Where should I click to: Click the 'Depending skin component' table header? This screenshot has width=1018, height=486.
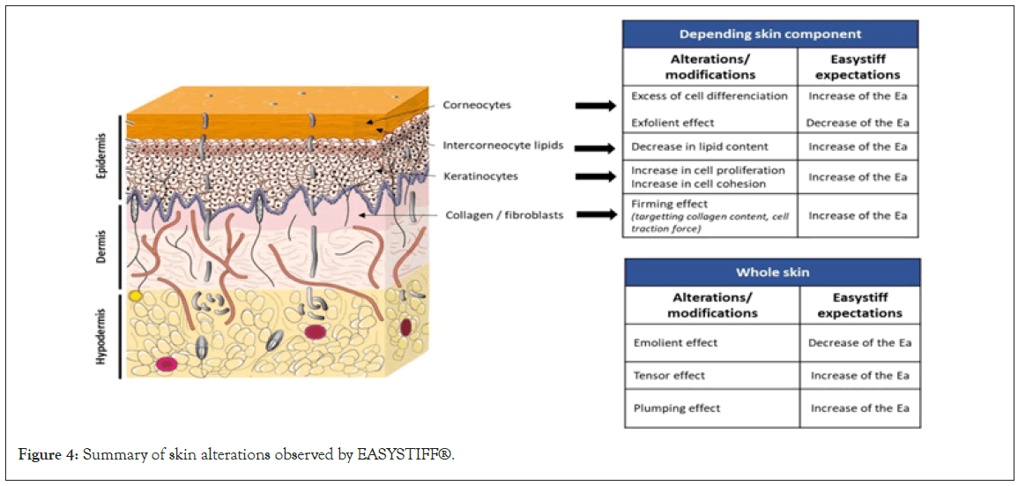[770, 34]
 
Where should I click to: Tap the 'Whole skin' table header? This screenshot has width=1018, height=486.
[772, 273]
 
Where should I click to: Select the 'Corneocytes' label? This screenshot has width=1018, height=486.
[477, 105]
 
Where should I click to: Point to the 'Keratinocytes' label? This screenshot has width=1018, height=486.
[481, 176]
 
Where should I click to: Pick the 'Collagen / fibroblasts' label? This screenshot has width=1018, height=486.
[504, 214]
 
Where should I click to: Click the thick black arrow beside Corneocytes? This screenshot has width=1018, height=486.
[596, 107]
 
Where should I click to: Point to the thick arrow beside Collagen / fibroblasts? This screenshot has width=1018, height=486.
[596, 214]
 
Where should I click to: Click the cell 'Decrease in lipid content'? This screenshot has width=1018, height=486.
[700, 146]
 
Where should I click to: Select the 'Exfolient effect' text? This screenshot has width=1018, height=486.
[672, 123]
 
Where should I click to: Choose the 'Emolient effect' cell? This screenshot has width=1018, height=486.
[675, 342]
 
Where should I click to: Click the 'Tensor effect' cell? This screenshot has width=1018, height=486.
[669, 376]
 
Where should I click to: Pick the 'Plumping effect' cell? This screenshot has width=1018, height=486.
[676, 408]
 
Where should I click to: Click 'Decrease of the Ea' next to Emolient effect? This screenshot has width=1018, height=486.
[859, 342]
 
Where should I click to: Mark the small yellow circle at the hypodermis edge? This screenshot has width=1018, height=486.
[135, 296]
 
